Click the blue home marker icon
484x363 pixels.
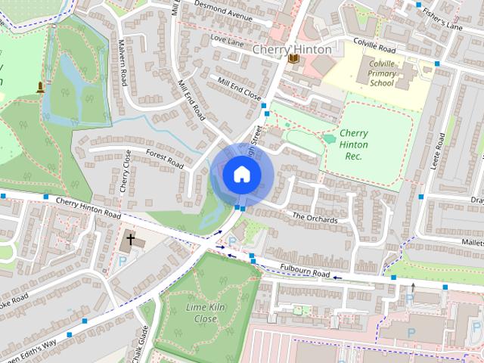click(241, 174)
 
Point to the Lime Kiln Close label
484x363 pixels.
click(201, 313)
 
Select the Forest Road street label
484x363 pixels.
click(165, 159)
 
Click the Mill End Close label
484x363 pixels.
click(238, 88)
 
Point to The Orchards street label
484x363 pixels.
click(315, 218)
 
